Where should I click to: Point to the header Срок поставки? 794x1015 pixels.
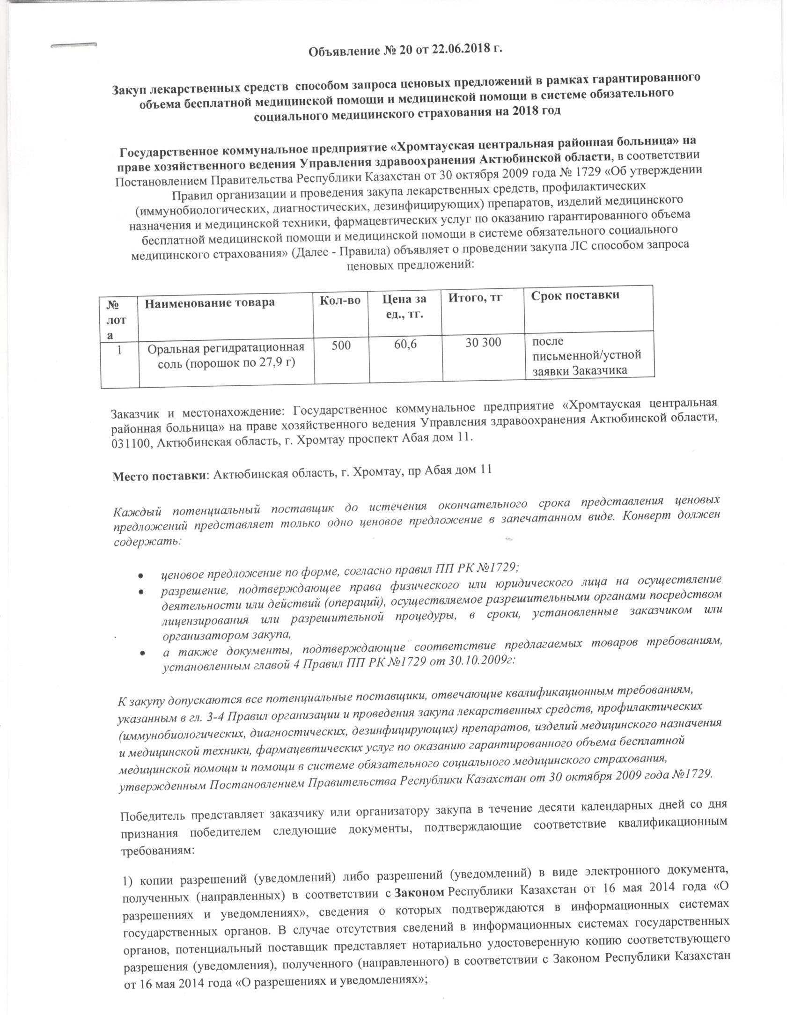coord(575,295)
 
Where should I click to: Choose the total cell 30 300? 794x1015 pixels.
coord(483,343)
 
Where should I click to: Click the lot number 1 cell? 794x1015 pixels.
coord(119,350)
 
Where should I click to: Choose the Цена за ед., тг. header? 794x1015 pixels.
coord(404,305)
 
